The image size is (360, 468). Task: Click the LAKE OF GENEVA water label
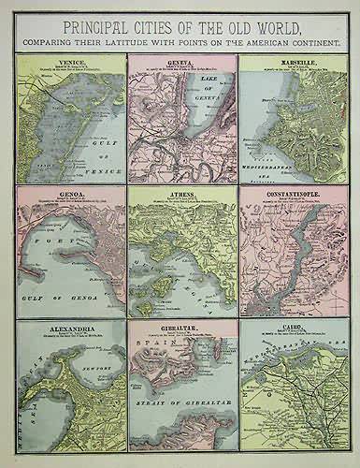coord(194,95)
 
